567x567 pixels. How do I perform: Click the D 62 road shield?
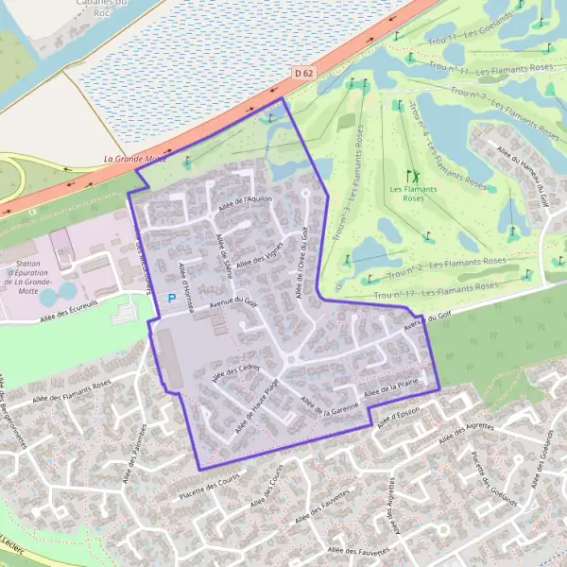tap(302, 72)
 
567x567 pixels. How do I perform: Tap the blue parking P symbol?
tap(171, 298)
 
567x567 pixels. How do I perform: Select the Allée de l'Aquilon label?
tap(245, 201)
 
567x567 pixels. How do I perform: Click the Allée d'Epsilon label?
tap(398, 417)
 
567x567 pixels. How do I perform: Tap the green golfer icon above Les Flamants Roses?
tap(413, 176)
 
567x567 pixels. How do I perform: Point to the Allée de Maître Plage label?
tap(257, 407)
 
